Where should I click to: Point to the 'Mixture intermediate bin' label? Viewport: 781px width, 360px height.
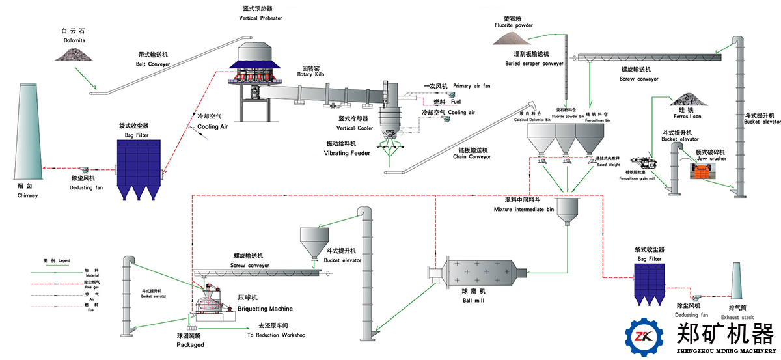pos(524,210)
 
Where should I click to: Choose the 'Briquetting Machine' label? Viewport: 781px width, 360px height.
pos(265,309)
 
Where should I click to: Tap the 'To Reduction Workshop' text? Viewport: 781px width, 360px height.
pos(276,335)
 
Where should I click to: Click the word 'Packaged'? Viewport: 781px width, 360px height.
pos(190,345)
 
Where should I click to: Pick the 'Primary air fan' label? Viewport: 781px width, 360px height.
pos(471,86)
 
